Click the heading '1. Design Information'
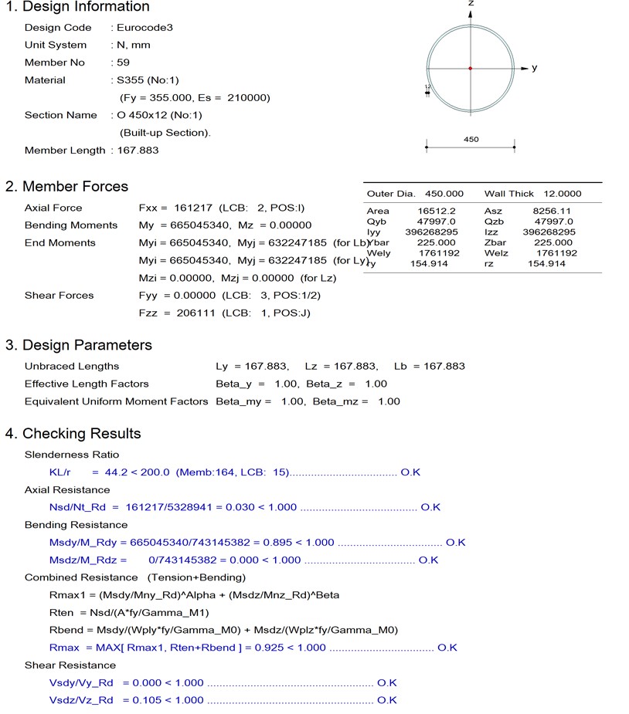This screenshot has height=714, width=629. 77,7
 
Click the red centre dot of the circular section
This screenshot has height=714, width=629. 470,68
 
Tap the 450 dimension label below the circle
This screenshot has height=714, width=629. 471,140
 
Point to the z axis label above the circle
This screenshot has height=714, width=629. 471,4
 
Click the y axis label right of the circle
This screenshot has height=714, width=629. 534,68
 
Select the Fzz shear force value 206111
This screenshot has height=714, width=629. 191,313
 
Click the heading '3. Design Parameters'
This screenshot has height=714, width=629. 79,345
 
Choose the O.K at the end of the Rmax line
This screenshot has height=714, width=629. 447,648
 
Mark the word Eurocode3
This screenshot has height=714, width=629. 146,27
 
